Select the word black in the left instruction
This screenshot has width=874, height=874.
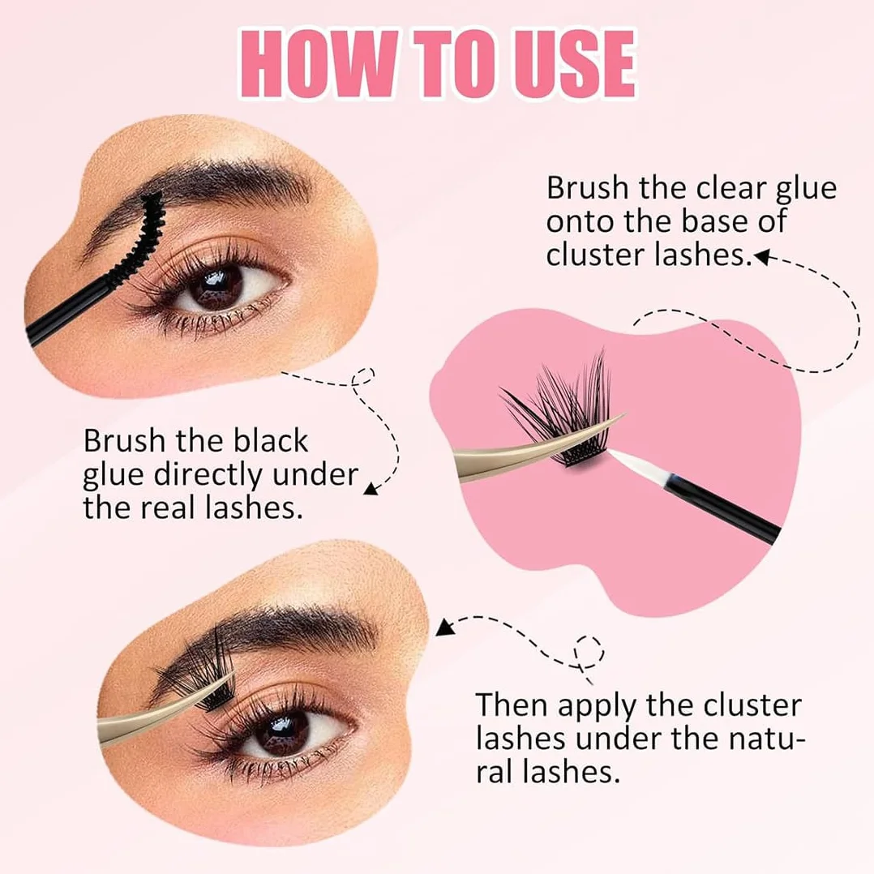coord(270,440)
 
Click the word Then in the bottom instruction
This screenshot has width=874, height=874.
coord(512,705)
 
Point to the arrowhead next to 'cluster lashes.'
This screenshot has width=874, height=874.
coord(761,256)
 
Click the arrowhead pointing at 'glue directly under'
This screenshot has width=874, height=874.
coord(371,488)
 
